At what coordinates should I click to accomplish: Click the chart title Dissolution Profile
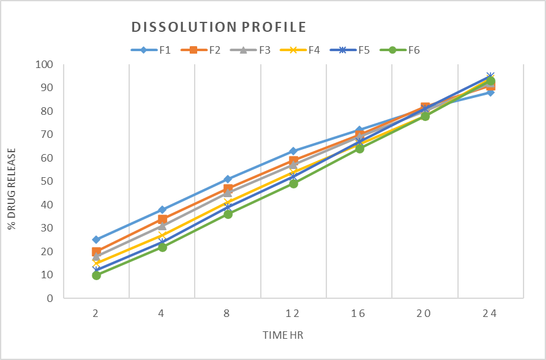[x=218, y=27]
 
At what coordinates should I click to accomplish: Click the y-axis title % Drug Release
[x=12, y=181]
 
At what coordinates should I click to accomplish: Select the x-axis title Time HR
[x=283, y=335]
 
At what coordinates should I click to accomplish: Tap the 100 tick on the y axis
[x=44, y=64]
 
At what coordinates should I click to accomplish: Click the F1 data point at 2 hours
[x=96, y=240]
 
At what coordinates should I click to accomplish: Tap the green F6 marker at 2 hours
[x=96, y=275]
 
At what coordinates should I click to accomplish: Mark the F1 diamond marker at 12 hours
[x=293, y=151]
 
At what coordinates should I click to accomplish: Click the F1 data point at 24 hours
[x=490, y=92]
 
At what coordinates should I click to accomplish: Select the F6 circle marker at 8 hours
[x=228, y=214]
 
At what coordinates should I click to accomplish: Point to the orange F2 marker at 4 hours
[x=162, y=219]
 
